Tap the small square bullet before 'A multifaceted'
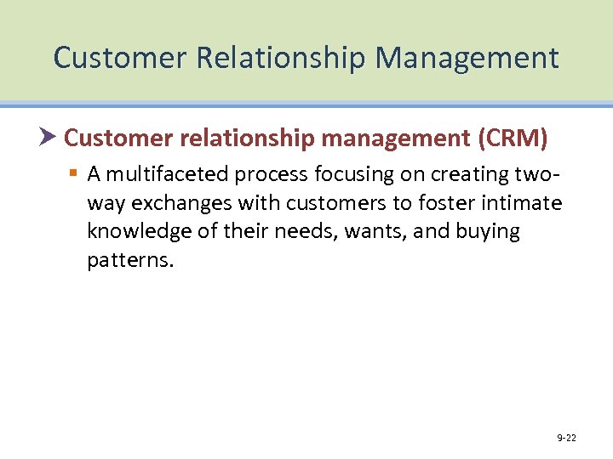(x=74, y=174)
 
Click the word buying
(x=487, y=232)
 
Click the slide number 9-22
(x=566, y=438)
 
